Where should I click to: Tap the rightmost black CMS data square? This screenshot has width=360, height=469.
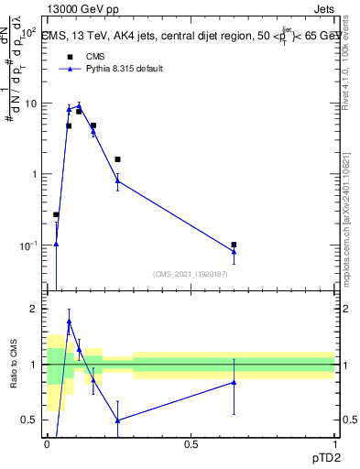click(x=234, y=245)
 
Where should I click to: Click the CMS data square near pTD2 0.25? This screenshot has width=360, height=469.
click(x=117, y=159)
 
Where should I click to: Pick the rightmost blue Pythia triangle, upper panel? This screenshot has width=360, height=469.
click(x=234, y=252)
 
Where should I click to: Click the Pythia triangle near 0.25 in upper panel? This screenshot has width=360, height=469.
click(x=117, y=180)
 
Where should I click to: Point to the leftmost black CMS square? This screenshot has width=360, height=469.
click(x=56, y=214)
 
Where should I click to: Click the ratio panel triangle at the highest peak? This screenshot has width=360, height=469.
click(x=69, y=322)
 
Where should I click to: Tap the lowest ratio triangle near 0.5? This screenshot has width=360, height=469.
click(x=117, y=420)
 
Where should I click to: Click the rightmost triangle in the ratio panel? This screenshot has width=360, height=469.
click(x=234, y=382)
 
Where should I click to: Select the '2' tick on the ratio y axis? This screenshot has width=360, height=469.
click(x=35, y=309)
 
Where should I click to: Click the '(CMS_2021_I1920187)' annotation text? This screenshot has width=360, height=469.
click(x=191, y=274)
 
